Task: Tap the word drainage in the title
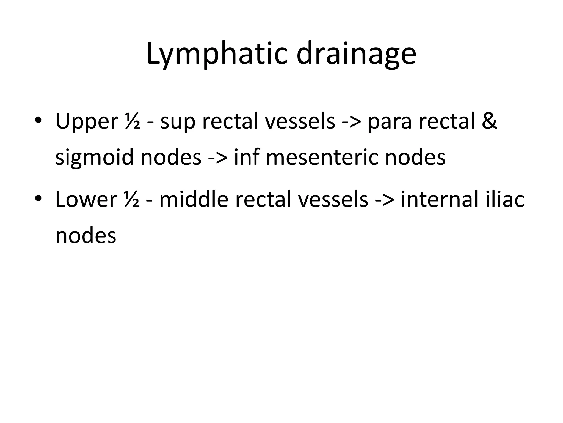[356, 54]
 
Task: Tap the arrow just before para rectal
[352, 122]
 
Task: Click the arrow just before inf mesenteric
[218, 158]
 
